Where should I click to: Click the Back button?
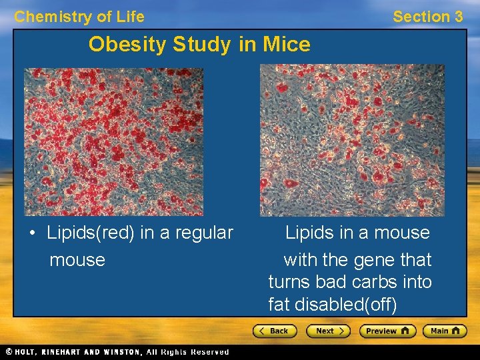coord(274,331)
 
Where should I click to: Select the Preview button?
coord(387,331)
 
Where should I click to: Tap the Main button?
coord(446,331)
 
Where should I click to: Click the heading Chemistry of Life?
coord(79,17)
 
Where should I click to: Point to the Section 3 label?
coord(427,17)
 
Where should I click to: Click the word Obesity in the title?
coord(127,45)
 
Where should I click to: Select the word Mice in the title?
coord(286,45)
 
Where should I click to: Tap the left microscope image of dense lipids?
coord(113,141)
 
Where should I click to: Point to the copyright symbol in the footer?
coord(9,352)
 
